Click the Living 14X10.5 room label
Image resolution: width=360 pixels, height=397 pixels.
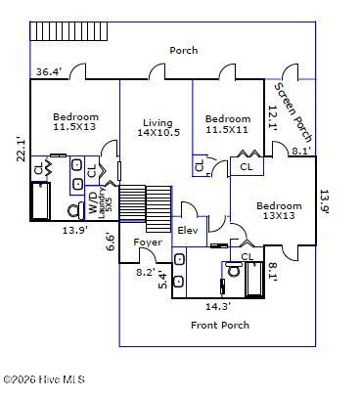coord(158,128)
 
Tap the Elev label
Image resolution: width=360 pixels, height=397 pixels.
coord(188,231)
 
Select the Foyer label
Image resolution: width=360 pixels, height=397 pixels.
coord(148,243)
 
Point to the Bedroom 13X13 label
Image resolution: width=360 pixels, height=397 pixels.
coord(279,210)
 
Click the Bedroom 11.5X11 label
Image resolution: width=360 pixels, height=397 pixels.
coord(228,124)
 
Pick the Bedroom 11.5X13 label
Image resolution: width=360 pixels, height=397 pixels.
coord(75,121)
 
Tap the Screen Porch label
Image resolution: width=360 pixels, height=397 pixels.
coord(293,112)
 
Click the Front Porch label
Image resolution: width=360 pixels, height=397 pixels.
coord(220,325)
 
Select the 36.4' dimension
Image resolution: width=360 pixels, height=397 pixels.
coord(49,71)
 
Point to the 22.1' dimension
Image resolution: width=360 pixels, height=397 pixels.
coord(22,149)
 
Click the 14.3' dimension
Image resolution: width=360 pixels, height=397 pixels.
coord(218,306)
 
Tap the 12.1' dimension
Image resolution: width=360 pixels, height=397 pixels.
coord(273,118)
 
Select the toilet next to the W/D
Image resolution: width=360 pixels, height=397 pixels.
coord(75,211)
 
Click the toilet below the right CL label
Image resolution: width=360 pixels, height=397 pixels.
coord(233,269)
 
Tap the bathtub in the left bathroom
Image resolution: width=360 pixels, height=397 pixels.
coord(40,201)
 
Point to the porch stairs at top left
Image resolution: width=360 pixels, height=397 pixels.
coord(68,31)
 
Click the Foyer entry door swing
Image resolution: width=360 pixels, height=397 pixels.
coord(148,255)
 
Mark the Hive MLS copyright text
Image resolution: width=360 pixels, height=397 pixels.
coord(44,379)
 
